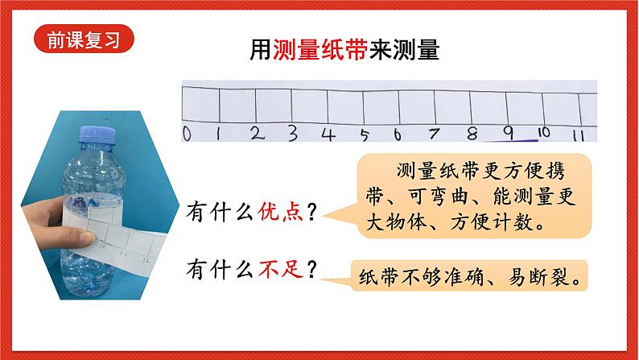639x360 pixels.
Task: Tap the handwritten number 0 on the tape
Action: tap(186, 134)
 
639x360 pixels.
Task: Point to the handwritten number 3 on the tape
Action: tap(292, 132)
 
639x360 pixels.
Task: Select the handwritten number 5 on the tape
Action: tap(365, 134)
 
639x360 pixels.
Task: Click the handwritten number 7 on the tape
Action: tap(435, 133)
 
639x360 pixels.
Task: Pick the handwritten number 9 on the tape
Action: tap(507, 132)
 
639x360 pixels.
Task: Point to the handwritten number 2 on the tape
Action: tap(256, 133)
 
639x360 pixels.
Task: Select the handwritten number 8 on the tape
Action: tap(471, 133)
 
